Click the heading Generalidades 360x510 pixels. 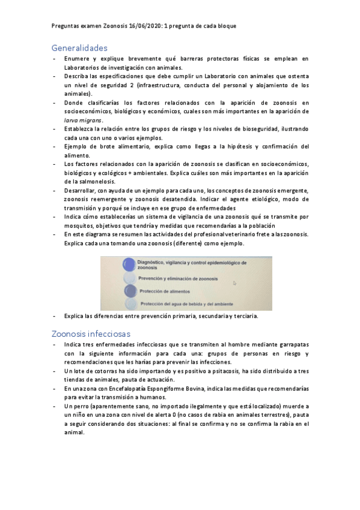point(79,48)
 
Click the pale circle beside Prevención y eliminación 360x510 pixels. point(129,279)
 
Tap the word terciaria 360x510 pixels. point(244,316)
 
